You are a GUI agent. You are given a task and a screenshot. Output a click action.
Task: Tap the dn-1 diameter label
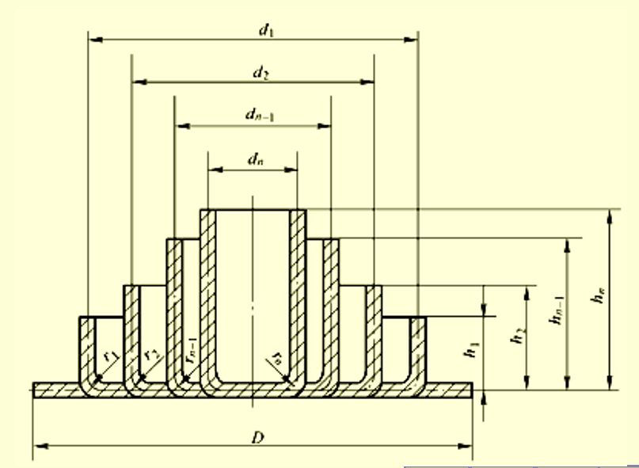[x=259, y=115]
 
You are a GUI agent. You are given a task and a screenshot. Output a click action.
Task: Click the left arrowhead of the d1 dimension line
[x=91, y=38]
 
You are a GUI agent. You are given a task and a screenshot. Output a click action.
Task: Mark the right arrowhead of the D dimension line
[x=470, y=446]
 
